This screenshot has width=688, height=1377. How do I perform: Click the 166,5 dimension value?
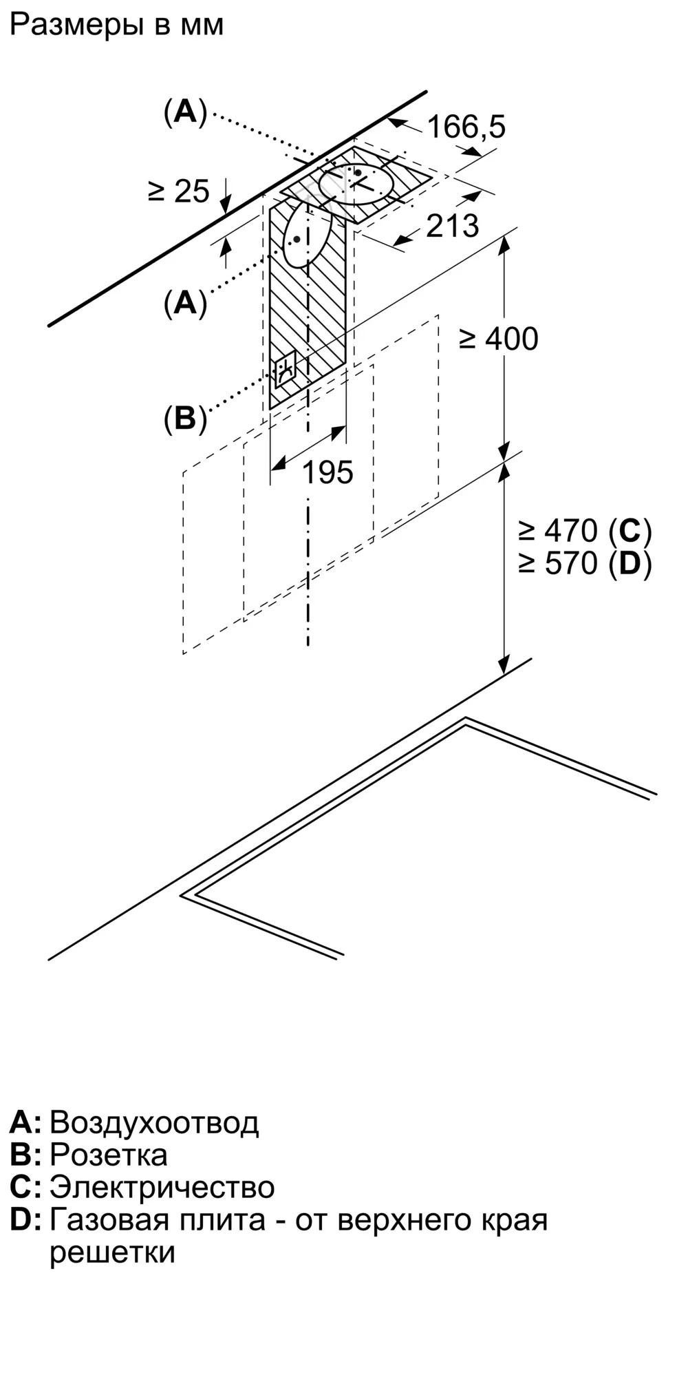tap(466, 127)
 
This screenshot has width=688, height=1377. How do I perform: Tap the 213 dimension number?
tap(452, 226)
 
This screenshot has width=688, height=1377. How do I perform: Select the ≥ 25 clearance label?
tap(178, 191)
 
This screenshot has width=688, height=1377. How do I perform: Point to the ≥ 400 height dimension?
tap(499, 339)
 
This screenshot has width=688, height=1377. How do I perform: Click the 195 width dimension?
tap(327, 472)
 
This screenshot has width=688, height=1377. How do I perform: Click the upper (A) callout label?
tap(185, 112)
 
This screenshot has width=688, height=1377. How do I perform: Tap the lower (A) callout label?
tap(185, 302)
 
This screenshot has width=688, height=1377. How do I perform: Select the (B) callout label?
tap(185, 418)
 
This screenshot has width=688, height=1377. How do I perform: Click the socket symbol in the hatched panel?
tap(286, 370)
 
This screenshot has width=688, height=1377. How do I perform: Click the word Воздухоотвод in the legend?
tap(154, 1122)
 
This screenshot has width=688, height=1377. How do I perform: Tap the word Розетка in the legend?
tap(109, 1155)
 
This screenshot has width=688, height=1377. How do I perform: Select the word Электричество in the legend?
tap(162, 1187)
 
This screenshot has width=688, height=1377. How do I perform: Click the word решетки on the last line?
tap(112, 1252)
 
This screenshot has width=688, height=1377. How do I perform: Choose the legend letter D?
tap(25, 1220)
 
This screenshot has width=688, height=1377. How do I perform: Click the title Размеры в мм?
tap(117, 25)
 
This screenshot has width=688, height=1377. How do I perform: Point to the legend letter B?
tap(25, 1155)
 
